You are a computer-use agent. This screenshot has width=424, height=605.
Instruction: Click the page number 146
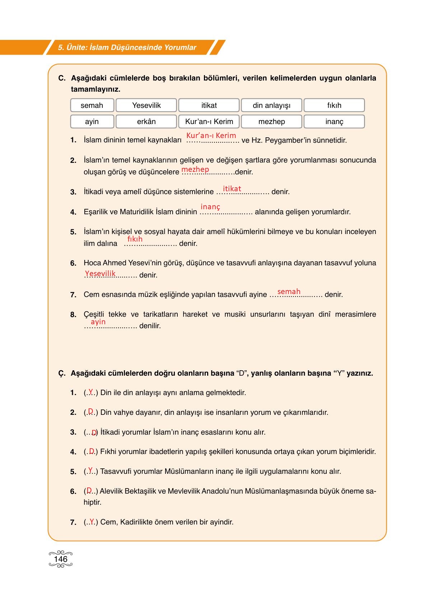click(x=61, y=559)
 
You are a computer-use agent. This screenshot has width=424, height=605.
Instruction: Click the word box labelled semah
click(x=92, y=105)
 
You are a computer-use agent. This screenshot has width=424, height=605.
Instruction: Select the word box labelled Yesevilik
click(x=146, y=105)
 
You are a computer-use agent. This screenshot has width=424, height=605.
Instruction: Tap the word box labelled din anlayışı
click(x=271, y=105)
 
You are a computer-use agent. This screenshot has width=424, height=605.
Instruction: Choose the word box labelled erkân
click(x=146, y=122)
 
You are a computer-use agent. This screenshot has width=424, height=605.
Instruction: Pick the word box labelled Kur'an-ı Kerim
click(x=209, y=122)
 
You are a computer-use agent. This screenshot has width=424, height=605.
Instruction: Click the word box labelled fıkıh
click(x=334, y=105)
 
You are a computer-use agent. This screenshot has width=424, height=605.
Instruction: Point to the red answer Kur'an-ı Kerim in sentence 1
click(x=211, y=136)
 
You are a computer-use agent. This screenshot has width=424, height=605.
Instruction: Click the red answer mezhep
click(x=195, y=169)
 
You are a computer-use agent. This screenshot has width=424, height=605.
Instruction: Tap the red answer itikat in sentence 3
click(x=232, y=189)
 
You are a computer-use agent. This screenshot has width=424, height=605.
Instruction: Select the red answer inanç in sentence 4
click(x=210, y=207)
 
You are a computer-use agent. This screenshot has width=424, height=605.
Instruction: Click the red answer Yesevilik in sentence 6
click(x=100, y=274)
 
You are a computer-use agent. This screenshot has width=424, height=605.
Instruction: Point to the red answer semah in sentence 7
click(x=289, y=292)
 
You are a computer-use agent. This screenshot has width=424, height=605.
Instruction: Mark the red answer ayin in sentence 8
click(x=98, y=322)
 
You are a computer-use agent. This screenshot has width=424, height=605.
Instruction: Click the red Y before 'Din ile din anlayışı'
click(x=91, y=391)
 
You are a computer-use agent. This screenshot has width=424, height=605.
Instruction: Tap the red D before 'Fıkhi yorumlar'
click(x=92, y=451)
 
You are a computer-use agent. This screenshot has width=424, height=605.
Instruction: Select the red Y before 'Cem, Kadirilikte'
click(x=92, y=521)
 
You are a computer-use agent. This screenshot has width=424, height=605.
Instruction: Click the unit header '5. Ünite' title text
click(x=127, y=47)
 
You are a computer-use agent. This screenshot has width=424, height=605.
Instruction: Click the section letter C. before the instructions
click(x=62, y=78)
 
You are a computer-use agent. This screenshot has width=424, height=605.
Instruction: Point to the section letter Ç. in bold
click(x=62, y=373)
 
